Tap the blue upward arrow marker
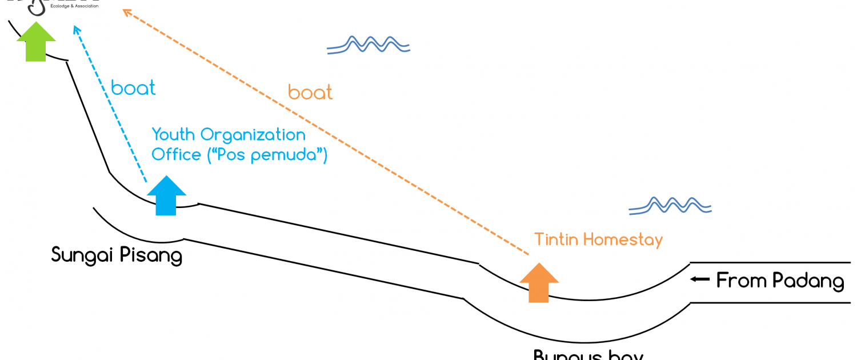click(167, 195)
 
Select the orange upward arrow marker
click(539, 282)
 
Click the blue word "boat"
click(133, 89)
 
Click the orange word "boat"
click(310, 93)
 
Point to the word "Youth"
click(173, 135)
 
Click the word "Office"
click(176, 155)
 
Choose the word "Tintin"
click(556, 239)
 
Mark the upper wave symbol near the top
click(369, 45)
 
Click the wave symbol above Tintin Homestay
click(670, 206)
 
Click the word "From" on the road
click(742, 281)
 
